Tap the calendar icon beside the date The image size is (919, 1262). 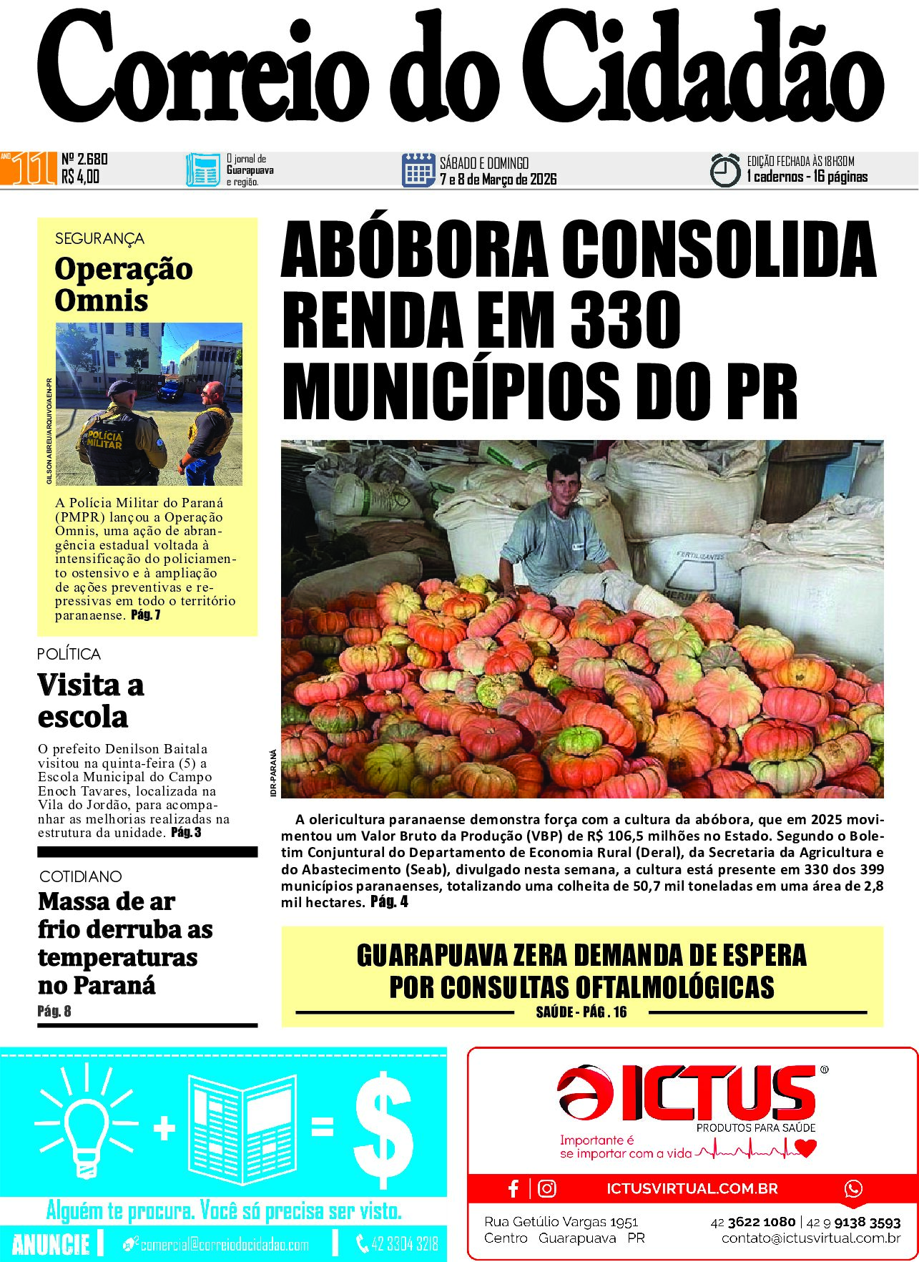point(418,170)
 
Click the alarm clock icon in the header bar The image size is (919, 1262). point(724,170)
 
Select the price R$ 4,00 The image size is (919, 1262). point(80,177)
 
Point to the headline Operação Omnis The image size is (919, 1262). point(123,284)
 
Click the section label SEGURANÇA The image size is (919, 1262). point(99,239)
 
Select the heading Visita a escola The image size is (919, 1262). point(91,700)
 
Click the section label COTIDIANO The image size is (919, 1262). point(80,876)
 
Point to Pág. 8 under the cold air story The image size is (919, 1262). point(54,1011)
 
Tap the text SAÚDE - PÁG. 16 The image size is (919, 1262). point(581,1012)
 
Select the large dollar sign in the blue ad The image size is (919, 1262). point(384,1129)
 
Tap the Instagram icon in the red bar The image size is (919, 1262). point(547,1188)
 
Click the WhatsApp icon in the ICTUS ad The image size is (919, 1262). point(853,1188)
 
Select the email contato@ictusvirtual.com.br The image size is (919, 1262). point(810,1238)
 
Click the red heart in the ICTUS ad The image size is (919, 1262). point(806,1148)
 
